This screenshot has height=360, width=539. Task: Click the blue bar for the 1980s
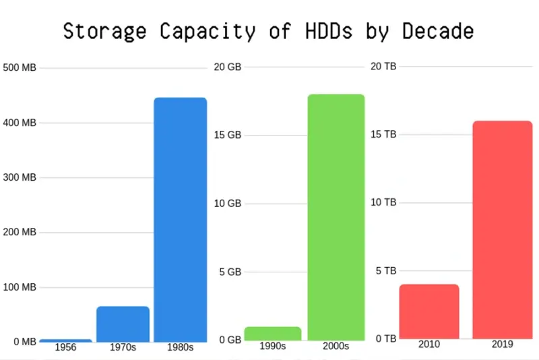coord(180,219)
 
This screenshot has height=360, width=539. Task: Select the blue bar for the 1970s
coord(123,324)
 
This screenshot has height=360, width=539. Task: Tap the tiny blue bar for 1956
coord(65,340)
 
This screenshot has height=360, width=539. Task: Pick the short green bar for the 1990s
coord(272,333)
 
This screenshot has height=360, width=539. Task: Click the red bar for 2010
coord(429,311)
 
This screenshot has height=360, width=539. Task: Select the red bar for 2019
coord(502,229)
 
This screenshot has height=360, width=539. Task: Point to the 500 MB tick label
coord(20,67)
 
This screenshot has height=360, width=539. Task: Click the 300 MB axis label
coord(20,177)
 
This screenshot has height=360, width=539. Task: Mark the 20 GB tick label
coord(227,67)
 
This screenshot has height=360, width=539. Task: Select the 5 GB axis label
coord(230,272)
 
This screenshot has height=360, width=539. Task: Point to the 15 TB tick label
coord(383,134)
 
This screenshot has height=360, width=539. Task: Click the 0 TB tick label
coord(385,338)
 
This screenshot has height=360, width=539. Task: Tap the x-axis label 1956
coord(65,348)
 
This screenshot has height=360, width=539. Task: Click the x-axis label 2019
coord(502,344)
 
